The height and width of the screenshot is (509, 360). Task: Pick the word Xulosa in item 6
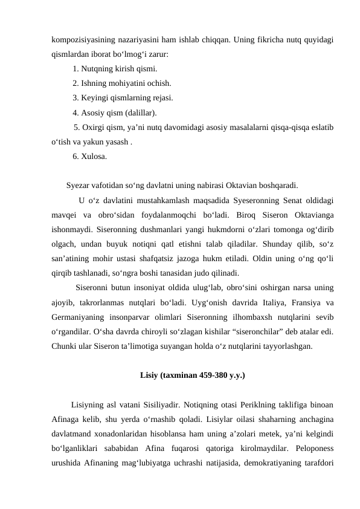coord(95,156)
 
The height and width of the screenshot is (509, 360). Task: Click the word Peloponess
coord(315,448)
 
